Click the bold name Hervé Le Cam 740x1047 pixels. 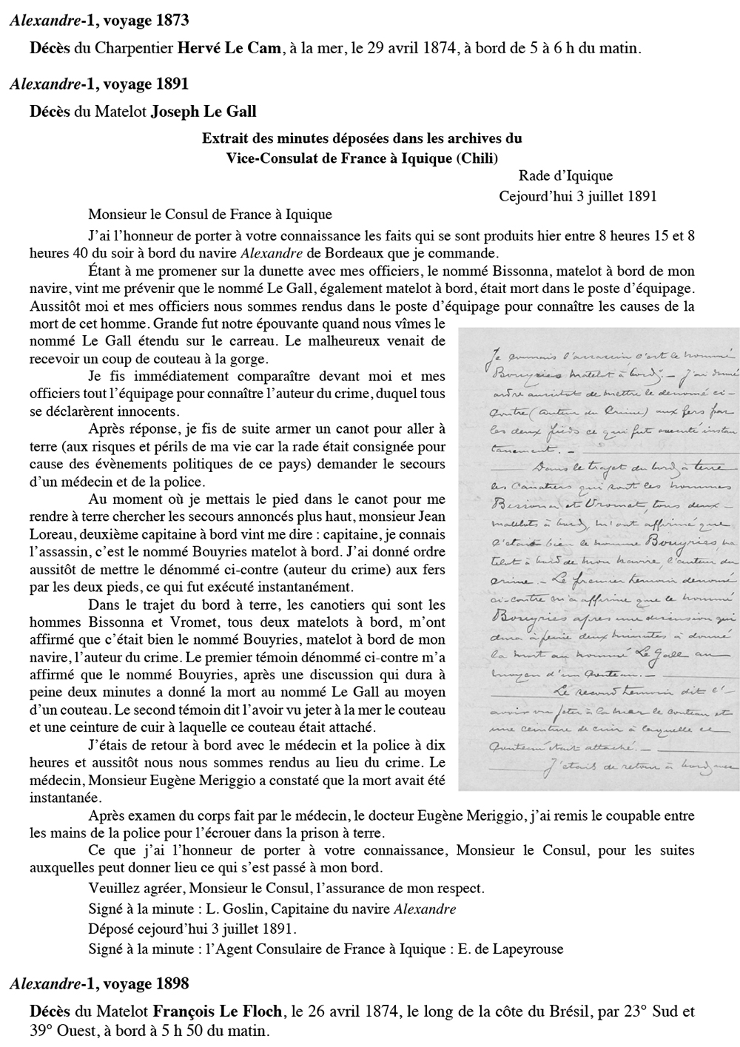click(230, 49)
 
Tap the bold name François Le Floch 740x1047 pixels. click(218, 1011)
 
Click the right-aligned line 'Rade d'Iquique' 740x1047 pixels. click(565, 176)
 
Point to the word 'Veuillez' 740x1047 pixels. click(112, 889)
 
